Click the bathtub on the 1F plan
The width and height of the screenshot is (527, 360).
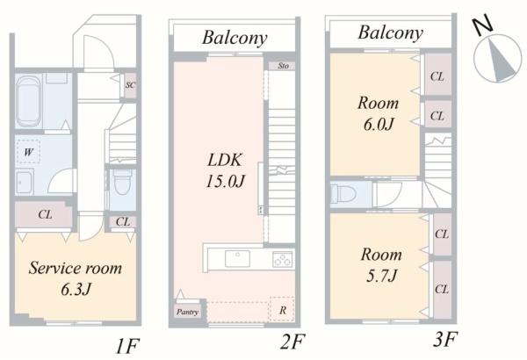[29, 101]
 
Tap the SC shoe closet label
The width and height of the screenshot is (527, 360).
[130, 85]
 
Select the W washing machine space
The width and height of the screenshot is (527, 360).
[28, 152]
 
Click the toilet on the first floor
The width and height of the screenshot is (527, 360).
[122, 182]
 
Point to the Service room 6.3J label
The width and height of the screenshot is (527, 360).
[76, 278]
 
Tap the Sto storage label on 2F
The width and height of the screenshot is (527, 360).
[283, 66]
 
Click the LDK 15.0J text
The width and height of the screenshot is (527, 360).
[225, 170]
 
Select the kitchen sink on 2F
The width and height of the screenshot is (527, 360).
[237, 259]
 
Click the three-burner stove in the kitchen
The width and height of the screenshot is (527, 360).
[283, 259]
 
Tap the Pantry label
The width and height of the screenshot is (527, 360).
[188, 312]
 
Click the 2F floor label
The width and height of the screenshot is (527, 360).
[292, 342]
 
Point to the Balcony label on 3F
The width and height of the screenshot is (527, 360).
[390, 33]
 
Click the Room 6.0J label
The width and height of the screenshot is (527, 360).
[378, 113]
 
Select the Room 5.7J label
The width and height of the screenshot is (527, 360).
[381, 265]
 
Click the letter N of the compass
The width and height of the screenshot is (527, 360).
[482, 25]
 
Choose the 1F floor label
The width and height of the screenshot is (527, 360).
[127, 346]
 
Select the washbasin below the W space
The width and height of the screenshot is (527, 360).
[25, 182]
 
